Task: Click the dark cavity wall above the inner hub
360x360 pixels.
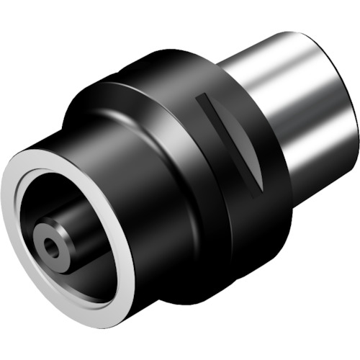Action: (65, 187)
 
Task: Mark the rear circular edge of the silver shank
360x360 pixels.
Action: (353, 108)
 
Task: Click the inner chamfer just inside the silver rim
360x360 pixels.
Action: (32, 180)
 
